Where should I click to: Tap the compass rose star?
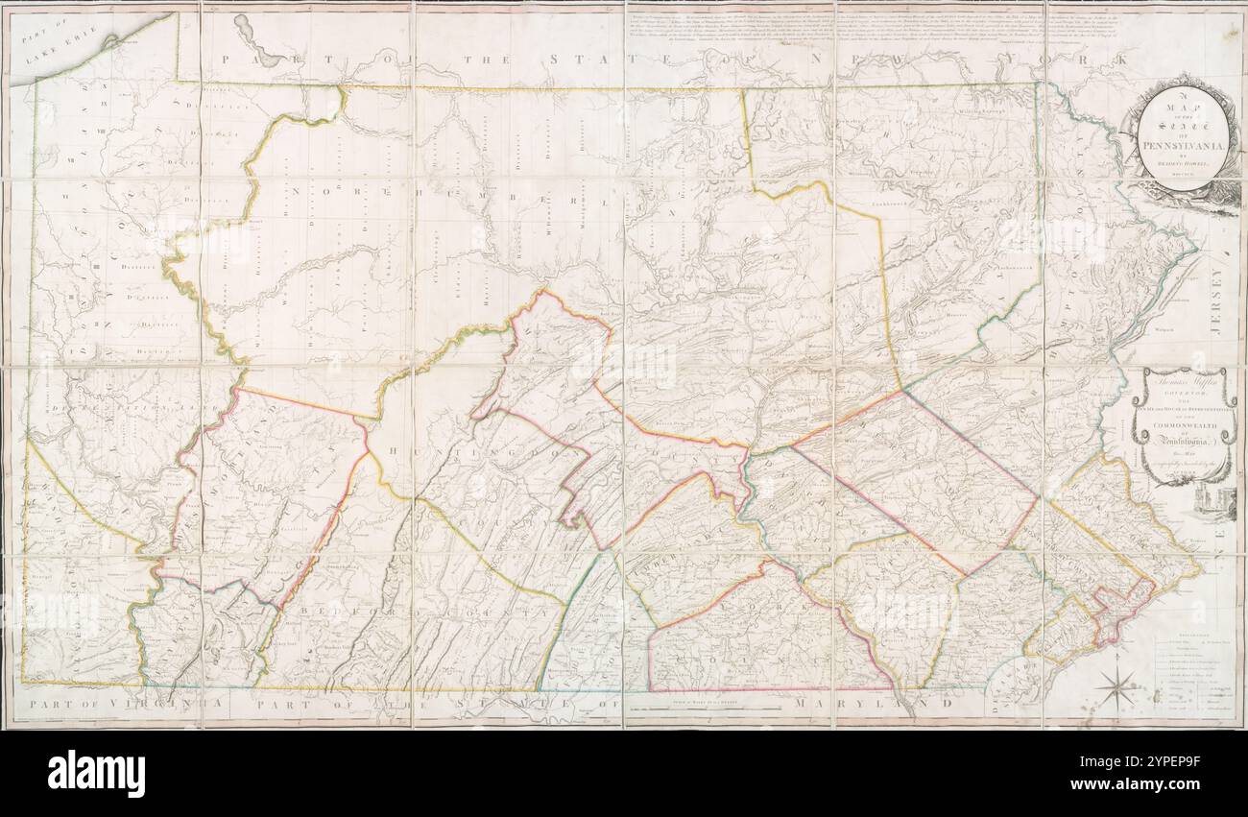1116,687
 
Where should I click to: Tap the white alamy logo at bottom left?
97,773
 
